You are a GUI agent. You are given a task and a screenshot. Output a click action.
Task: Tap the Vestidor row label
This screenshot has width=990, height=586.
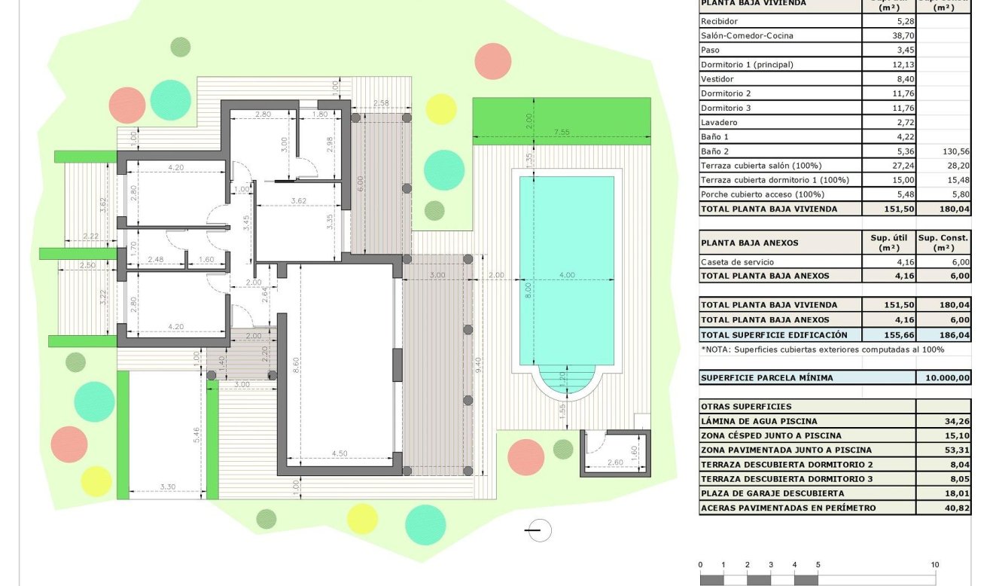[717, 79]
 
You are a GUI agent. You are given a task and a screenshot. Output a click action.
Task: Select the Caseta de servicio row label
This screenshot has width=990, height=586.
[736, 262]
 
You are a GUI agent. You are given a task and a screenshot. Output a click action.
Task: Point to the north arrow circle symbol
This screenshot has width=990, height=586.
[539, 530]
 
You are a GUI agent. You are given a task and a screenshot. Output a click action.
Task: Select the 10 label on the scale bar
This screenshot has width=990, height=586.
[934, 565]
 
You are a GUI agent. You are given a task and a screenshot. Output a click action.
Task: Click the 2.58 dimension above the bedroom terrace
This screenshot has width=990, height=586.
[381, 102]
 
